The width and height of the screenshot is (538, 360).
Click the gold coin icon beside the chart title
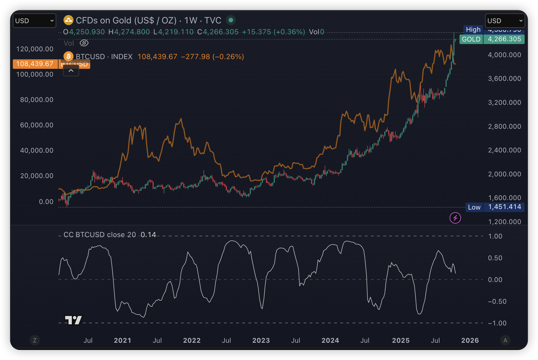68,20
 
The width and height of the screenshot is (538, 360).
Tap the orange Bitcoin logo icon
69,56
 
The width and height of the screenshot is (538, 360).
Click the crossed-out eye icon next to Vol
84,43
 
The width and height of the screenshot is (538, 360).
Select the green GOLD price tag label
471,39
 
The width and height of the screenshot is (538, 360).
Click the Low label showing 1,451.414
474,207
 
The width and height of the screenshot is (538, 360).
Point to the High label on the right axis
473,30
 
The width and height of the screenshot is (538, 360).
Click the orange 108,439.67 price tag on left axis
35,64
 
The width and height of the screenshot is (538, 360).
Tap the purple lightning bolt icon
455,218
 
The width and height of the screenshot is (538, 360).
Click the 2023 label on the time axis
261,340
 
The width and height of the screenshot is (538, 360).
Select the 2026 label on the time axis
470,340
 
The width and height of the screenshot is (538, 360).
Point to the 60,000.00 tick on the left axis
36,125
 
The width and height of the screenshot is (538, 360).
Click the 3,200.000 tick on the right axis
504,103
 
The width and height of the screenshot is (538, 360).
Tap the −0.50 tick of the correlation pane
497,301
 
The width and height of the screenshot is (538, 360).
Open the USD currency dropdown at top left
35,21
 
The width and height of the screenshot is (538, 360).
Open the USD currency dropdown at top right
505,21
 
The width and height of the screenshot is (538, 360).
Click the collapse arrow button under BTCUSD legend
71,71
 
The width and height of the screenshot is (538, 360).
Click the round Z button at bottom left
35,340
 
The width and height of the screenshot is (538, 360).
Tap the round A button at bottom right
505,340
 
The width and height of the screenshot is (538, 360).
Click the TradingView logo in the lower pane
73,320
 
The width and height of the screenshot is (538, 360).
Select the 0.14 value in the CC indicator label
148,235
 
